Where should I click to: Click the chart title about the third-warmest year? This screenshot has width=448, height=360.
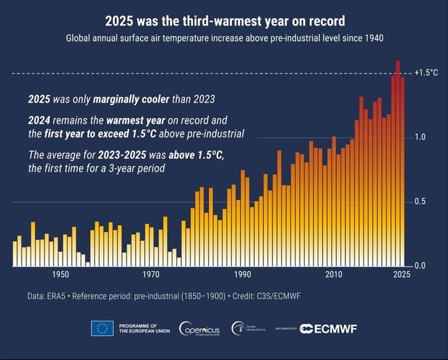[225, 22]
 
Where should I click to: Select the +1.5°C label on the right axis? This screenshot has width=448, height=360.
[426, 73]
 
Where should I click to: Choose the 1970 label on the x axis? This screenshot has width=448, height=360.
[152, 274]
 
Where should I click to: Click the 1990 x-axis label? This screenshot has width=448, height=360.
[243, 274]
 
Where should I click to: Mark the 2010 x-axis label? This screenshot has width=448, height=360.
[334, 274]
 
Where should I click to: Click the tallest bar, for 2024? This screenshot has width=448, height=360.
[397, 162]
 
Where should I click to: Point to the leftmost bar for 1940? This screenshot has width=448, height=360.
[15, 254]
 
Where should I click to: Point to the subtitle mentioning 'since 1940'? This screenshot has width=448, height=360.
[225, 38]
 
